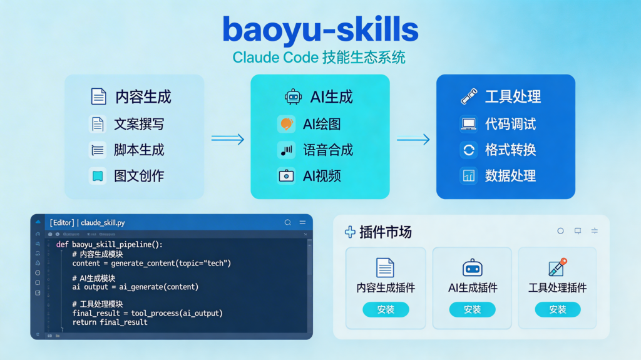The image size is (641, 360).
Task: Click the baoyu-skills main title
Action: tap(320, 30)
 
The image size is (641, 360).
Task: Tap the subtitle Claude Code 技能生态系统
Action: tap(319, 58)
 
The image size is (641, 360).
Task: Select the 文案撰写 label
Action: tap(139, 124)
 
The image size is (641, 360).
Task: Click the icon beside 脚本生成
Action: tap(98, 150)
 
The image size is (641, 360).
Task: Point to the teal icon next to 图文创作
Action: tap(98, 176)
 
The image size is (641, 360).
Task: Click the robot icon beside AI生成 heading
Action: tap(293, 96)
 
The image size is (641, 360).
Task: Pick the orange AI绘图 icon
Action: tap(286, 124)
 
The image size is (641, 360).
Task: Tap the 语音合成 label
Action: tap(328, 150)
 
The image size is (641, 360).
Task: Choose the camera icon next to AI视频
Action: tap(286, 176)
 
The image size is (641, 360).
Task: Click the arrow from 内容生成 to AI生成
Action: tap(227, 139)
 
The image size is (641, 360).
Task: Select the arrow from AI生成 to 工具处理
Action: tap(413, 139)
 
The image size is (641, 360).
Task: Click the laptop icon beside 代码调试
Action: tap(468, 124)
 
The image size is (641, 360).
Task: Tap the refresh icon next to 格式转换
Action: tap(468, 150)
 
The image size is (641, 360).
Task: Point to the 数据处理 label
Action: tap(510, 176)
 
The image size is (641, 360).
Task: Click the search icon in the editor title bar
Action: tap(287, 222)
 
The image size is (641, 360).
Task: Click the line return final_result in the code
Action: tap(110, 322)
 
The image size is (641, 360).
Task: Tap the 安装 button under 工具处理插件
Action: tap(557, 309)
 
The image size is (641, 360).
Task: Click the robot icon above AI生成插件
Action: tap(472, 267)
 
